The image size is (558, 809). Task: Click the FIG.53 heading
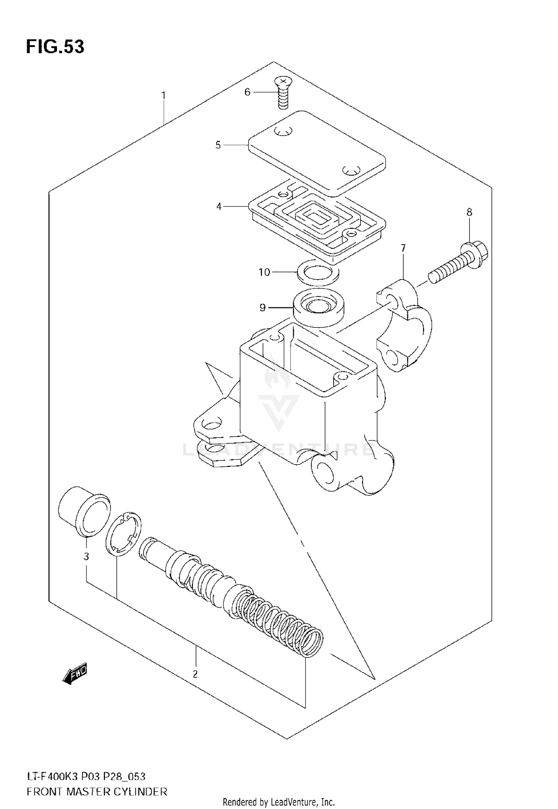tap(55, 47)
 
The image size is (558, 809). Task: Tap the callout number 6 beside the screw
tap(247, 92)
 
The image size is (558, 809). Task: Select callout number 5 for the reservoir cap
tap(218, 145)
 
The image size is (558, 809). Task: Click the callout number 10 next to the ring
tap(264, 272)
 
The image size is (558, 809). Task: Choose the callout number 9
tap(263, 307)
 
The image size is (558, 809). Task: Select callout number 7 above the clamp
tap(403, 248)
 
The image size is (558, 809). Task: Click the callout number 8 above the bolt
tap(469, 212)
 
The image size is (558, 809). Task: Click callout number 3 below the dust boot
tap(86, 556)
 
